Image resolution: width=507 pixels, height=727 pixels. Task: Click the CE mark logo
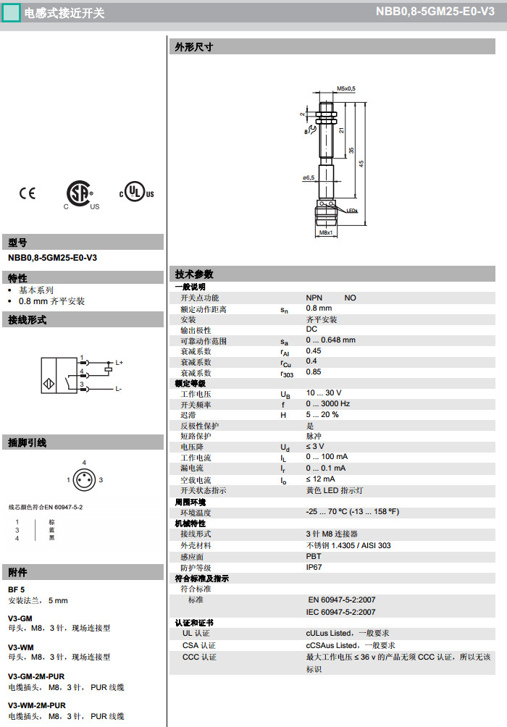(x=27, y=193)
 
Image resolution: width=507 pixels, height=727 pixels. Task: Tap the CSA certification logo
(x=80, y=194)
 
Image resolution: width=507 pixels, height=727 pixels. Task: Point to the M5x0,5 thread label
(x=346, y=88)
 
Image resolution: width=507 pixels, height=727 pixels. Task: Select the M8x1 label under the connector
(x=325, y=233)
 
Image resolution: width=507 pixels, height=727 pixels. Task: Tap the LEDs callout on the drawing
(x=352, y=211)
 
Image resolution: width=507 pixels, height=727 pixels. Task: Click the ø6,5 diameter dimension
(x=309, y=177)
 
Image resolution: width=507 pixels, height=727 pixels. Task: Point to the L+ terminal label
(x=120, y=362)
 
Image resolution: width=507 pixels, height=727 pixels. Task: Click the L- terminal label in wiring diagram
(x=119, y=389)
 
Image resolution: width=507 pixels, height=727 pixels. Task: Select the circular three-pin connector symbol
(x=85, y=479)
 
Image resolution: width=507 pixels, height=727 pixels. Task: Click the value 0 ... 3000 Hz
(x=327, y=404)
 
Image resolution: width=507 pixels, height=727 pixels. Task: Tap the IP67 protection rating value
(x=314, y=567)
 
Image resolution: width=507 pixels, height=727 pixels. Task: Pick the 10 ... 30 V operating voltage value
(x=323, y=393)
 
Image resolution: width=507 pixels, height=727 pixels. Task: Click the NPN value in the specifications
(x=314, y=298)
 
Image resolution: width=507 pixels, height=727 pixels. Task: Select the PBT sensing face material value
(x=313, y=556)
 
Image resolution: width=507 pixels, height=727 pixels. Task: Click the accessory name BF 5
(x=16, y=589)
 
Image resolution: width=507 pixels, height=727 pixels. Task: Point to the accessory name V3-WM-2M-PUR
(x=36, y=705)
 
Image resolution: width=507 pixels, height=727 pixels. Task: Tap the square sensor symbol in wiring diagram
(x=59, y=375)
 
